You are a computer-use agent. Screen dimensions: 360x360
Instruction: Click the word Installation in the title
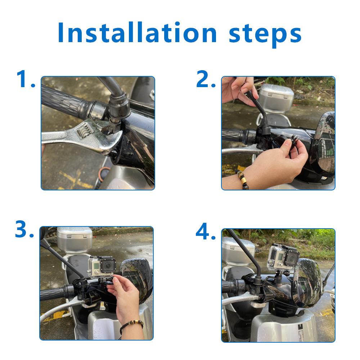point(137,32)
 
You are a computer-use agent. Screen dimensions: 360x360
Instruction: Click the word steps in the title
point(265,35)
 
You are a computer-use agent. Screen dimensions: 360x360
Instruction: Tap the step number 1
point(26,79)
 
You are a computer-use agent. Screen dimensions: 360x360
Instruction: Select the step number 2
point(206,79)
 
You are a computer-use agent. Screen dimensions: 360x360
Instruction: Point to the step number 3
point(24,229)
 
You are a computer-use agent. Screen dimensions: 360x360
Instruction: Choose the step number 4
point(206,231)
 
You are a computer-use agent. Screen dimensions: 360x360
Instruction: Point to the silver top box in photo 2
point(276,98)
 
